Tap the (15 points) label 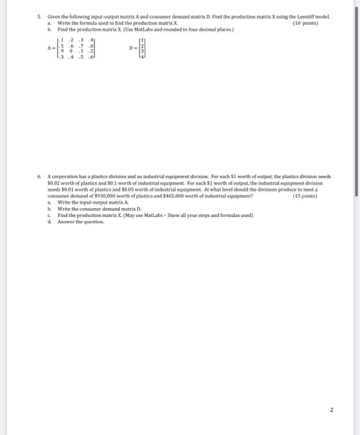[x=305, y=196]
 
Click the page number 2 [x=331, y=410]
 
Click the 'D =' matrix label [x=132, y=48]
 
